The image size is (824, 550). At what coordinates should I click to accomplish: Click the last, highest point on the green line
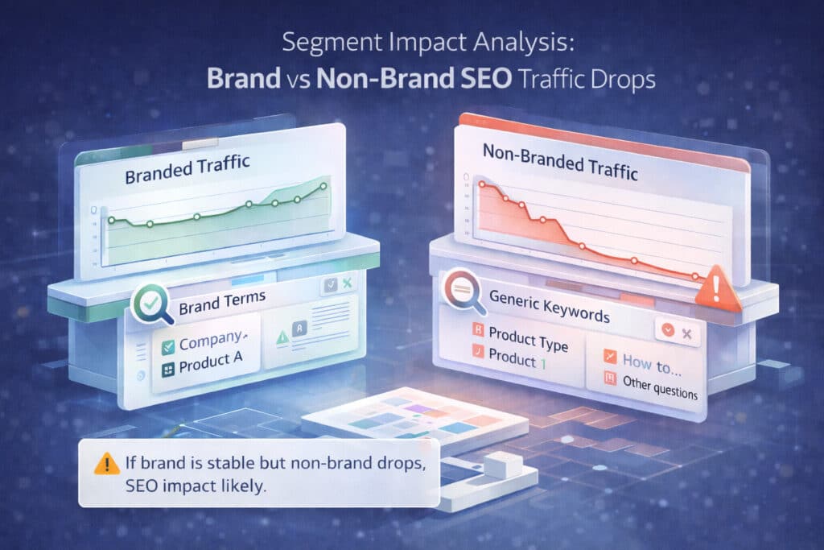pyautogui.click(x=323, y=186)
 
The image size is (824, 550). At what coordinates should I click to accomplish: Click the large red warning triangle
pyautogui.click(x=722, y=288)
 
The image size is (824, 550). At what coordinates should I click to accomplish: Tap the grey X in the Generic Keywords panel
pyautogui.click(x=686, y=333)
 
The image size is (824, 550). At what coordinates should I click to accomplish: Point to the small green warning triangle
pyautogui.click(x=282, y=338)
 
